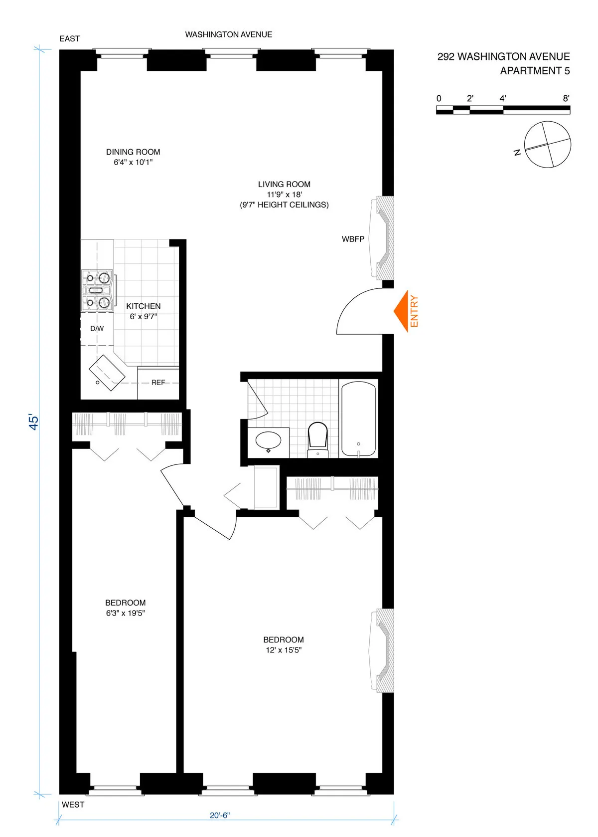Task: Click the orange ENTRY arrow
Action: tap(402, 311)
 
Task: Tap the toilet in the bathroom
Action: tap(317, 436)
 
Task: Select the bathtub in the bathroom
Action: tap(358, 419)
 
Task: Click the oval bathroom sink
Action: tap(268, 441)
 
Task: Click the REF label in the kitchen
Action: tap(158, 383)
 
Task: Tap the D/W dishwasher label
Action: tap(97, 328)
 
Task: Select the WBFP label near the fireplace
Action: tap(353, 239)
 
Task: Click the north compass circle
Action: tap(548, 145)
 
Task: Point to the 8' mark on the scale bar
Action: tap(566, 99)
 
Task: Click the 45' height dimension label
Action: tap(33, 421)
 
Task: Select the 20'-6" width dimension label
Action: tap(220, 816)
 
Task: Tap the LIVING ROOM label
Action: tap(284, 184)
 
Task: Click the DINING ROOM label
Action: tap(133, 152)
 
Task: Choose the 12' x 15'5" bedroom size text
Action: tap(284, 650)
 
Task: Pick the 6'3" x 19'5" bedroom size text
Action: tap(125, 613)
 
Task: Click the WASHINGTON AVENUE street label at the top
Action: tap(229, 34)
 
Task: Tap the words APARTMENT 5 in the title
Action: tap(535, 71)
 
